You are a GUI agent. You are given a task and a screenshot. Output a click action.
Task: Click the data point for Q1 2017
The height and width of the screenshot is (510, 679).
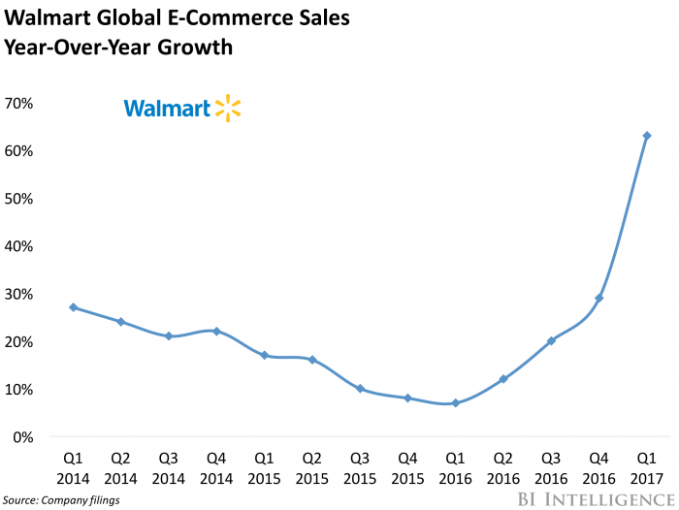click(x=647, y=136)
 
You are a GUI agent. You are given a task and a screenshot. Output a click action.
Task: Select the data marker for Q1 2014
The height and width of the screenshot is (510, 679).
click(x=74, y=307)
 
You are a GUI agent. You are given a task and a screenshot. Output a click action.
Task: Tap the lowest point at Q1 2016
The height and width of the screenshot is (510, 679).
click(x=456, y=403)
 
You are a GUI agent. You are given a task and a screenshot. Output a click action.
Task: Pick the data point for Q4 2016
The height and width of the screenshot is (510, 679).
click(x=599, y=298)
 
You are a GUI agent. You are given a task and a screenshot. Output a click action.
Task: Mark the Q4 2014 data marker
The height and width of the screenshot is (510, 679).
click(x=216, y=332)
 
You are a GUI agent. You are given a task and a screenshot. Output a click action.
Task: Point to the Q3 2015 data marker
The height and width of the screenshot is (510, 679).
click(x=360, y=389)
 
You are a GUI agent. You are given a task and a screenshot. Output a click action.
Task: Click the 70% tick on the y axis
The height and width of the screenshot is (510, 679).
click(x=20, y=103)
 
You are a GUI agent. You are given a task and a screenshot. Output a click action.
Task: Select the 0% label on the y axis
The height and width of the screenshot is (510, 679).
click(x=25, y=437)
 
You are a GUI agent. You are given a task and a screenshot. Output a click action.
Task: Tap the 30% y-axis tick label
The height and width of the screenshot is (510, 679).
click(x=20, y=294)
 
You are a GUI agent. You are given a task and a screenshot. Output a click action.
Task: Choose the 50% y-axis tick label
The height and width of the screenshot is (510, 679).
click(x=20, y=199)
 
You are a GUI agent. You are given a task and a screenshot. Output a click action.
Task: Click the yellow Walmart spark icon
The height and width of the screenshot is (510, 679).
click(x=228, y=109)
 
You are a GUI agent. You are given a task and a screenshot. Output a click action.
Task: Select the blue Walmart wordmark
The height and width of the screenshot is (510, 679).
click(x=166, y=110)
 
